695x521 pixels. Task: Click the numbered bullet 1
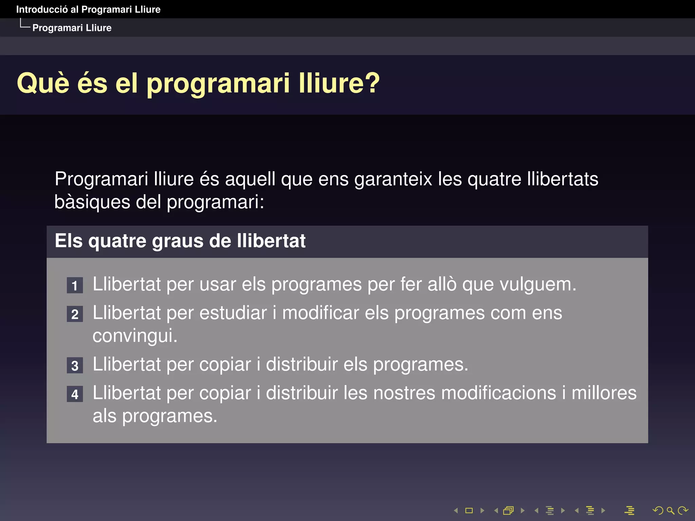pyautogui.click(x=75, y=285)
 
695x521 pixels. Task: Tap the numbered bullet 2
pyautogui.click(x=75, y=314)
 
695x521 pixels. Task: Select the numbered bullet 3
pyautogui.click(x=75, y=366)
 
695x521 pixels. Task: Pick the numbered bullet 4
pyautogui.click(x=75, y=394)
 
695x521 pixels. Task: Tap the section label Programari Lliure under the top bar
pyautogui.click(x=72, y=28)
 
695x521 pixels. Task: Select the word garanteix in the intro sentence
pyautogui.click(x=393, y=179)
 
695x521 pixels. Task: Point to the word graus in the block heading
pyautogui.click(x=177, y=241)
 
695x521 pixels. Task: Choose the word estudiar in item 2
pyautogui.click(x=233, y=313)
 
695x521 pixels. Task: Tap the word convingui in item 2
pyautogui.click(x=135, y=336)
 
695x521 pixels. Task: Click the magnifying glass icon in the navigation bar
pyautogui.click(x=670, y=510)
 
